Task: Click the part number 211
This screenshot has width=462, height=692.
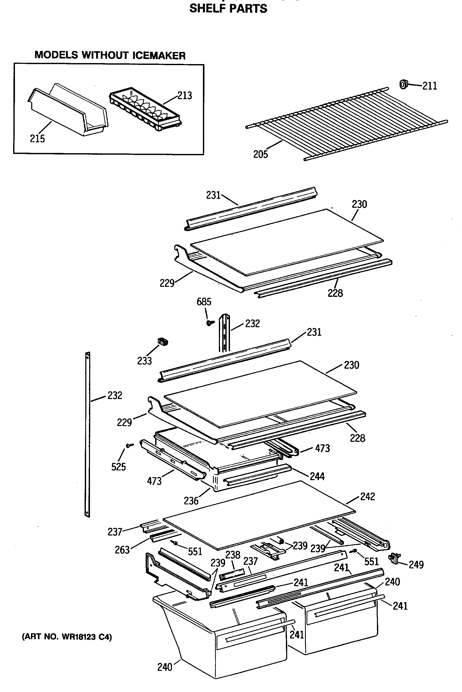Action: pyautogui.click(x=430, y=86)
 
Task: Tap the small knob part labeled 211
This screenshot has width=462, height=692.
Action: pyautogui.click(x=403, y=84)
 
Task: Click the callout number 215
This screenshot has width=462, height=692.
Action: pyautogui.click(x=37, y=138)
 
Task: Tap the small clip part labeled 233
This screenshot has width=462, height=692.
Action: pyautogui.click(x=163, y=341)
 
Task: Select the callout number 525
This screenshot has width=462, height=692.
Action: pyautogui.click(x=118, y=467)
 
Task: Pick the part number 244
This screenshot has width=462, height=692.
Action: pyautogui.click(x=317, y=476)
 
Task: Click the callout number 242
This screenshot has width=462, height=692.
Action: pyautogui.click(x=367, y=497)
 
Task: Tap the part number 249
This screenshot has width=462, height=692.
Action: pyautogui.click(x=416, y=564)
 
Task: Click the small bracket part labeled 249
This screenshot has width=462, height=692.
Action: pyautogui.click(x=394, y=558)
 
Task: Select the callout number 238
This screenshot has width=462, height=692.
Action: pyautogui.click(x=233, y=555)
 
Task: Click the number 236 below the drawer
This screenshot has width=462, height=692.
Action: pyautogui.click(x=191, y=500)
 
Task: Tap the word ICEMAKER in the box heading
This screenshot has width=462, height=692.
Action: pyautogui.click(x=159, y=56)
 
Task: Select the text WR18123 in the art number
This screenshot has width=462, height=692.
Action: pyautogui.click(x=79, y=637)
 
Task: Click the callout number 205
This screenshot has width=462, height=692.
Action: pyautogui.click(x=260, y=154)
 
